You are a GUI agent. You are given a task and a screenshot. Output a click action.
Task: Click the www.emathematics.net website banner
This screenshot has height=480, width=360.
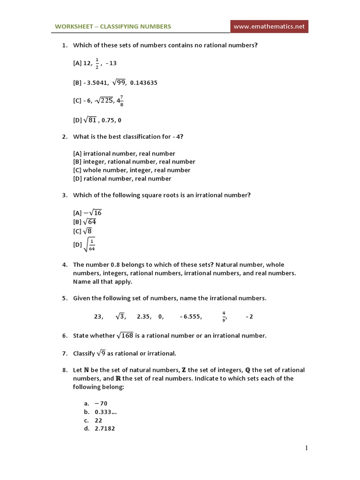coord(270,27)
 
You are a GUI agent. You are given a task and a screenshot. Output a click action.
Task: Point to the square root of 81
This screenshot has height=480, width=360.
coord(90,120)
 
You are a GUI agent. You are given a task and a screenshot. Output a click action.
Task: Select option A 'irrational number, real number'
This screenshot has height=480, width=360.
coord(124,153)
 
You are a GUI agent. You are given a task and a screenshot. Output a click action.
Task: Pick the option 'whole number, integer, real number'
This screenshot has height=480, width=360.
coord(132,170)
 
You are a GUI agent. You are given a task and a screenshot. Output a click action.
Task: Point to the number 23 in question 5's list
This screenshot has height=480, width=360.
coord(98,316)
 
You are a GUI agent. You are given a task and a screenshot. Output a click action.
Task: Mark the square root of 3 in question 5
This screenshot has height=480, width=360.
coord(120,316)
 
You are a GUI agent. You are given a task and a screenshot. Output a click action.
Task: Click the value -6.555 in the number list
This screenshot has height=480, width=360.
coord(191,317)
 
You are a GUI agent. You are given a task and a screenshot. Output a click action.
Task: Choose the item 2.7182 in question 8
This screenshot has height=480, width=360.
coord(105,428)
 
